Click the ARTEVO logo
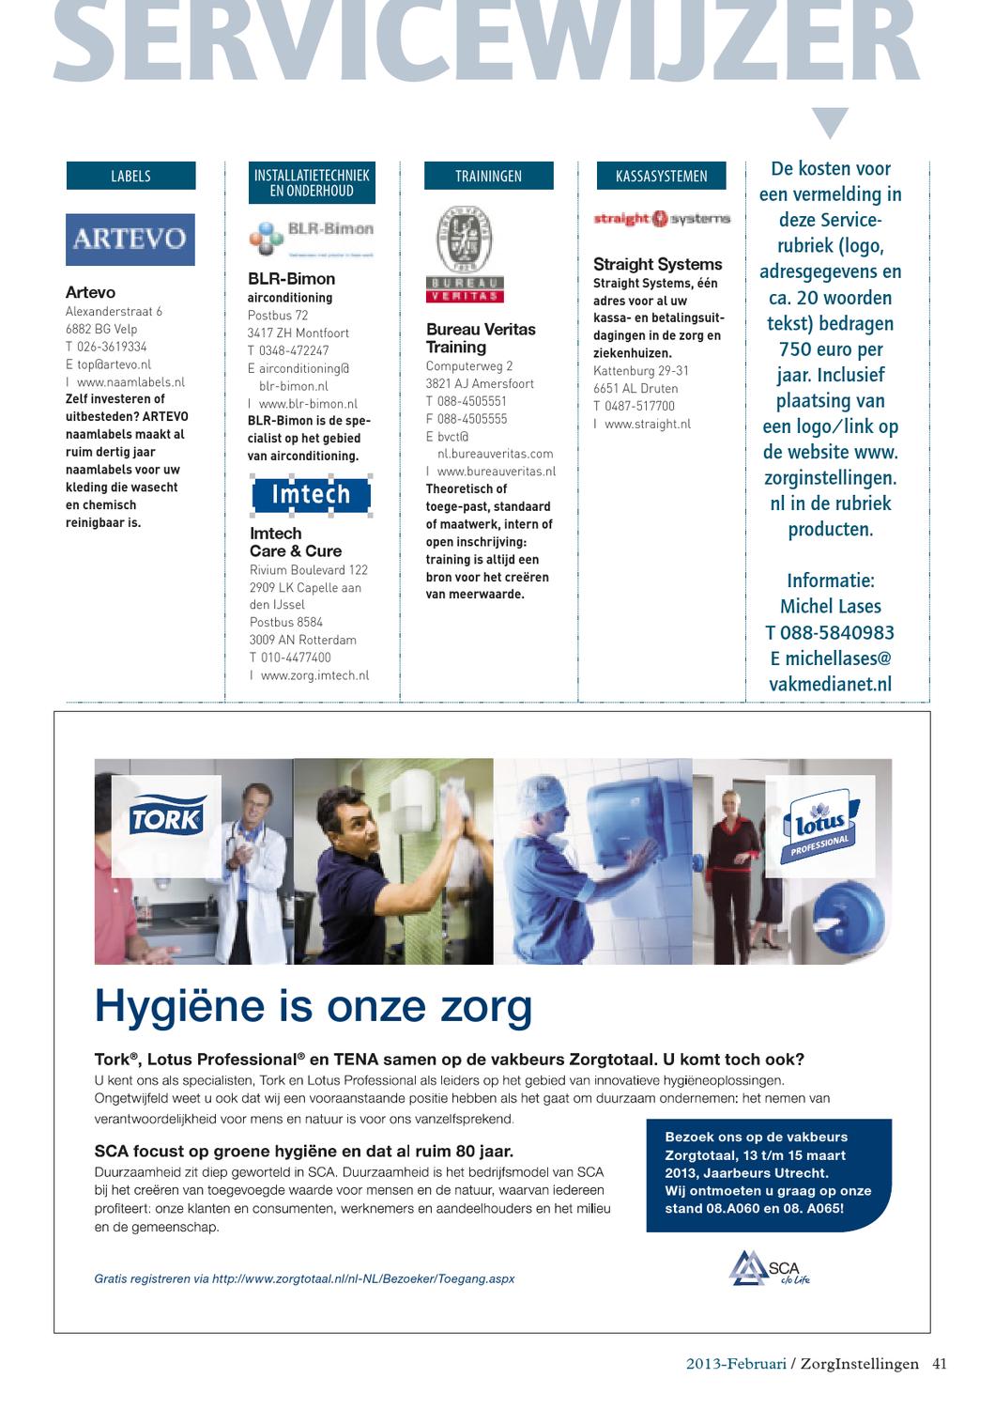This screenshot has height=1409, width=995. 130,239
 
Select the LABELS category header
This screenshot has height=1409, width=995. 130,176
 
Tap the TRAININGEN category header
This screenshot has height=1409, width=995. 488,176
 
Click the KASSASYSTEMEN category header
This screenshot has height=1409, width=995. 661,176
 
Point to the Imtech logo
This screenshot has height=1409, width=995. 311,494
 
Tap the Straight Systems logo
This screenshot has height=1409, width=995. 661,219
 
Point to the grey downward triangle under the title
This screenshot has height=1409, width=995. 830,123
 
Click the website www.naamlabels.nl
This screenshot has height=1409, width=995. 130,382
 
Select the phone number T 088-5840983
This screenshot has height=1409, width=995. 830,632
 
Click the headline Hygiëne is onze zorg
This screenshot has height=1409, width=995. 314,1008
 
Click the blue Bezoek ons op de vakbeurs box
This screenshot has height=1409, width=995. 768,1174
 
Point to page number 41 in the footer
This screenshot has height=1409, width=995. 940,1364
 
